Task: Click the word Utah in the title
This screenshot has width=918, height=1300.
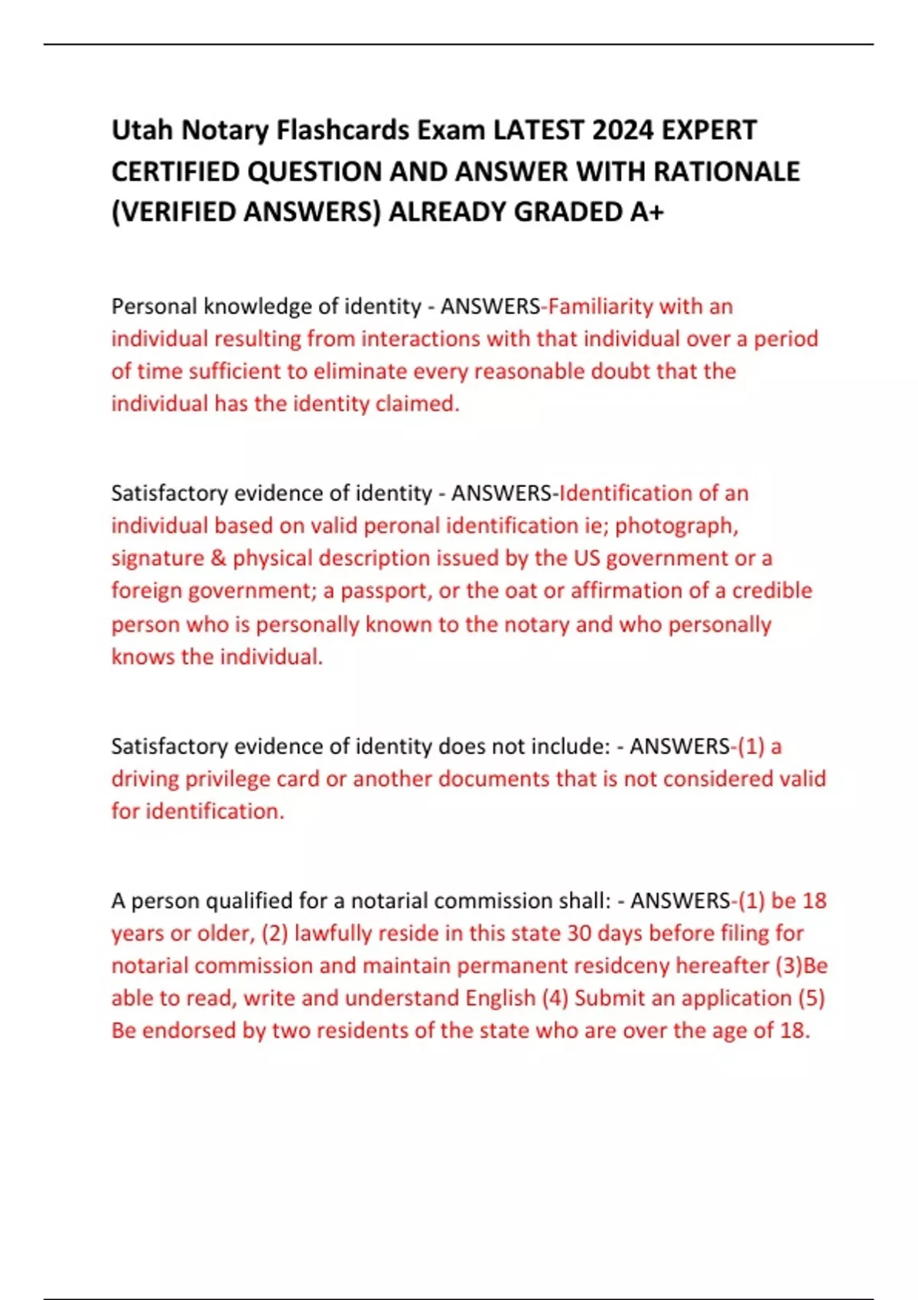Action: pos(142,130)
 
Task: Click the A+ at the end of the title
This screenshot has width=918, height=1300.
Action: pos(647,212)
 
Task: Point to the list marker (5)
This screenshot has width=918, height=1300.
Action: pos(811,999)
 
